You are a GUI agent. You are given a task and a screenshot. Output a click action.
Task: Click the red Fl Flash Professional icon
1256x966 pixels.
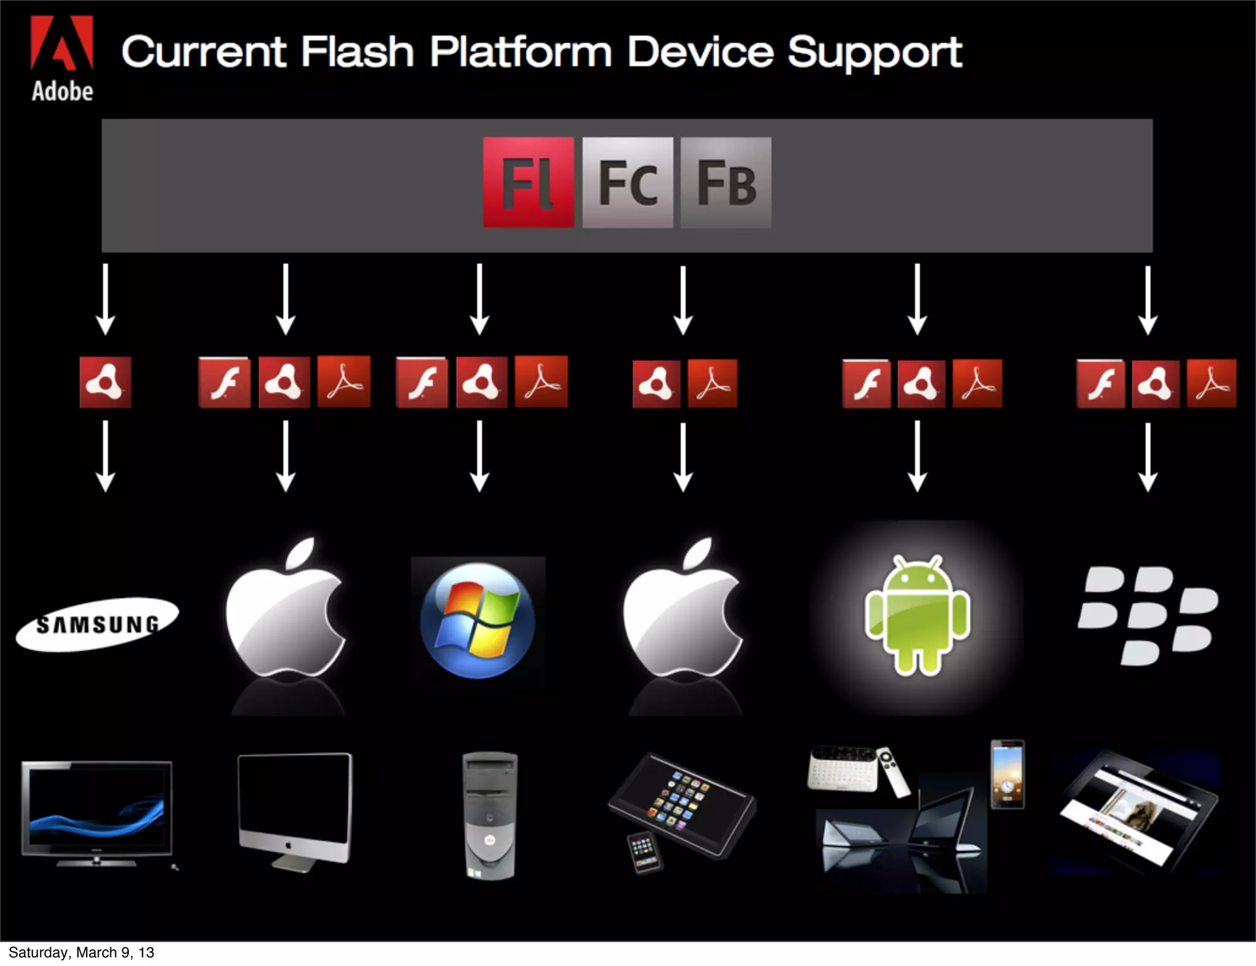pyautogui.click(x=529, y=183)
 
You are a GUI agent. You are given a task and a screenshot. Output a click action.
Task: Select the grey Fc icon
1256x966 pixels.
pyautogui.click(x=627, y=183)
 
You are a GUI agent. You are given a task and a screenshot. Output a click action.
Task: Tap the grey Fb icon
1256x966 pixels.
pyautogui.click(x=726, y=183)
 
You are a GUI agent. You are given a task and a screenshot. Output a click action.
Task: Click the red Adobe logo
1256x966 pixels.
pyautogui.click(x=62, y=43)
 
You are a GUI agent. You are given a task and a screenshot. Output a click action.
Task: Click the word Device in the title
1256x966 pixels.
pyautogui.click(x=700, y=51)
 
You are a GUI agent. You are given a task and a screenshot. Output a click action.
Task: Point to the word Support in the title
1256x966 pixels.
pyautogui.click(x=875, y=53)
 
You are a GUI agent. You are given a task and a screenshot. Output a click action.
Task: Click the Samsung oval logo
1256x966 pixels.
pyautogui.click(x=97, y=624)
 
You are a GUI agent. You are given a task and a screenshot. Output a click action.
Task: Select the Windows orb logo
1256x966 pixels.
pyautogui.click(x=478, y=621)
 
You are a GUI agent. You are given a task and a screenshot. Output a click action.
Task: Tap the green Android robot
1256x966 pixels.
pyautogui.click(x=917, y=615)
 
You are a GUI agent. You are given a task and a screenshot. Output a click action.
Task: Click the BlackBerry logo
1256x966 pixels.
pyautogui.click(x=1147, y=615)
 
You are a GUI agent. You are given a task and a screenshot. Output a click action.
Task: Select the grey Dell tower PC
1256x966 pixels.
pyautogui.click(x=489, y=815)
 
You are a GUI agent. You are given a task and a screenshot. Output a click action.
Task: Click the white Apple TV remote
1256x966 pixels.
pyautogui.click(x=895, y=772)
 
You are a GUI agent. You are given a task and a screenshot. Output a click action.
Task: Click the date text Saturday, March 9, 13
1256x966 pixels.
pyautogui.click(x=81, y=953)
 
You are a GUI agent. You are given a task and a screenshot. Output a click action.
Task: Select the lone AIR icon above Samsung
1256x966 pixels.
pyautogui.click(x=105, y=382)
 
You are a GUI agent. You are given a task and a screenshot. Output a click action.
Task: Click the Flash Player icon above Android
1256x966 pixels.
pyautogui.click(x=866, y=384)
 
